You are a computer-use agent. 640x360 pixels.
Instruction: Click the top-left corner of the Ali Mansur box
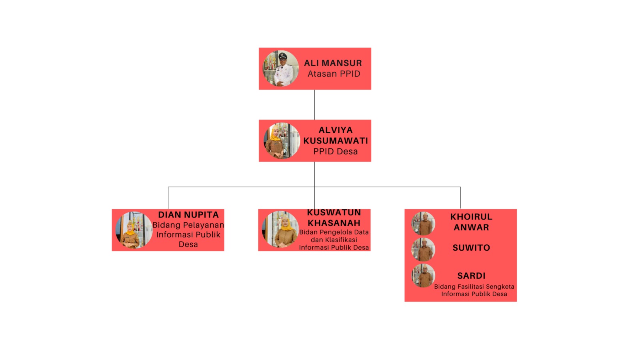259,48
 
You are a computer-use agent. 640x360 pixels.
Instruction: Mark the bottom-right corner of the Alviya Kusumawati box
371,162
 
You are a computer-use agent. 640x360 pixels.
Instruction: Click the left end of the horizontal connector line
168,187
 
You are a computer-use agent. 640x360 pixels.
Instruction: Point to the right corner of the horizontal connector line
460,187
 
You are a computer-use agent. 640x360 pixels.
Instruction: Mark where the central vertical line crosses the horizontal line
314,187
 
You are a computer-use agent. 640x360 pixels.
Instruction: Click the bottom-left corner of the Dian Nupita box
112,251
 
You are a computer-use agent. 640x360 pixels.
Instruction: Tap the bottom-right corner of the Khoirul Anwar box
516,302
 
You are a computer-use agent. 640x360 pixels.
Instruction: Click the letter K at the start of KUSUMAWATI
306,140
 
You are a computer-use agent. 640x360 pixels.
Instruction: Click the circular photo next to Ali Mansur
280,68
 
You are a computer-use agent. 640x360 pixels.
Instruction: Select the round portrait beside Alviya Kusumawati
282,140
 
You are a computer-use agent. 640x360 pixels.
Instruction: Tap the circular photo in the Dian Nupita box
134,230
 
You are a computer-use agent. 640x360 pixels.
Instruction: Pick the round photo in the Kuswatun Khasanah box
280,229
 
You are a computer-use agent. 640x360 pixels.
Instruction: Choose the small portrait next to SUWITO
423,250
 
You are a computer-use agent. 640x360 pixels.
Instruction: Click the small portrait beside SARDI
423,276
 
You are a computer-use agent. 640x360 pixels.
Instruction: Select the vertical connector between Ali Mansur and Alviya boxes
314,104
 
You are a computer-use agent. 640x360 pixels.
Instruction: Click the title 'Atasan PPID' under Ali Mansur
334,74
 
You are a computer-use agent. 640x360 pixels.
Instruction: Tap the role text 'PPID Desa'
336,152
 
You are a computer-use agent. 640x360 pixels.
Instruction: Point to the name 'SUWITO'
471,248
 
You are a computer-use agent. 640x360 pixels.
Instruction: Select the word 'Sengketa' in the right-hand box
500,286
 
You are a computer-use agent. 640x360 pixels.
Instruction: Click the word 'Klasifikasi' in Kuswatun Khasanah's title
341,240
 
